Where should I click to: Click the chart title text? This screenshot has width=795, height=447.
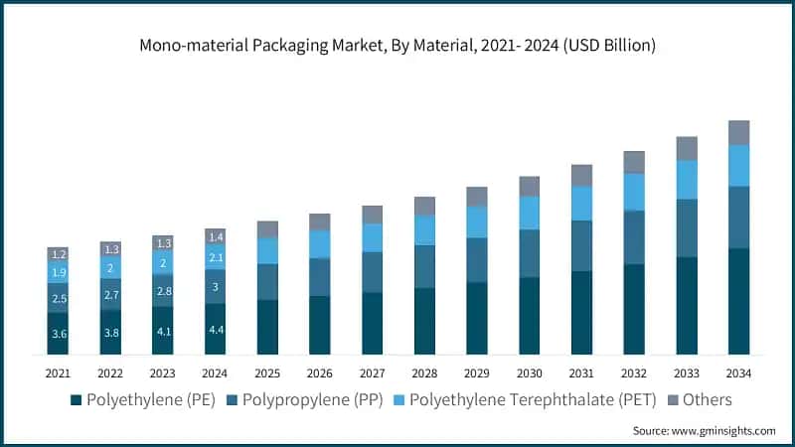click(397, 46)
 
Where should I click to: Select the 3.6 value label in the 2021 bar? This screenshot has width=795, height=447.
click(59, 335)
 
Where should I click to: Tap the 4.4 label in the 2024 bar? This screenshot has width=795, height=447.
click(216, 330)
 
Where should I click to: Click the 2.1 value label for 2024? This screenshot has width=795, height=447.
click(216, 258)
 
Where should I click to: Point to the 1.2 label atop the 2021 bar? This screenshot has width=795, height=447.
click(59, 254)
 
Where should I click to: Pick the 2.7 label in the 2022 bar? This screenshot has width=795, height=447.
click(111, 295)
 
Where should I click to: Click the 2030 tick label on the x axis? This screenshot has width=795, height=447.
click(529, 372)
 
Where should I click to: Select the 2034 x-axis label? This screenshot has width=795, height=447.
click(738, 372)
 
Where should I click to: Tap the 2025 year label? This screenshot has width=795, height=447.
click(267, 372)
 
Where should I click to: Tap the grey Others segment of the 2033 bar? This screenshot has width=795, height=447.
click(687, 148)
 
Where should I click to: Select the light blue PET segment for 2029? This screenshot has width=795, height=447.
click(477, 222)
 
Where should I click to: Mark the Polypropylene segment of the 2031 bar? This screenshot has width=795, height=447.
click(581, 245)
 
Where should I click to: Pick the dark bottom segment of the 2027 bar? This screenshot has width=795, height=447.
click(372, 323)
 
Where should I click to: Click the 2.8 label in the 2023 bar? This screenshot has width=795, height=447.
click(163, 290)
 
